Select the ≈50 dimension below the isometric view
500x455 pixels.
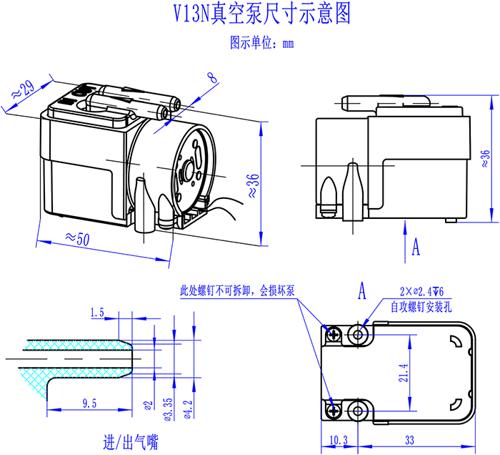pyautogui.click(x=76, y=238)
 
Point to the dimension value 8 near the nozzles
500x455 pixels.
pyautogui.click(x=212, y=77)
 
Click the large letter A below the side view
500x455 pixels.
pyautogui.click(x=416, y=247)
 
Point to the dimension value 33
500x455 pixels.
pyautogui.click(x=410, y=439)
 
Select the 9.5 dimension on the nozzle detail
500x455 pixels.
pyautogui.click(x=89, y=404)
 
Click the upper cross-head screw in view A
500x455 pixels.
pyautogui.click(x=334, y=333)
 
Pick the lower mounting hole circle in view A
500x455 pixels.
pyautogui.click(x=359, y=409)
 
